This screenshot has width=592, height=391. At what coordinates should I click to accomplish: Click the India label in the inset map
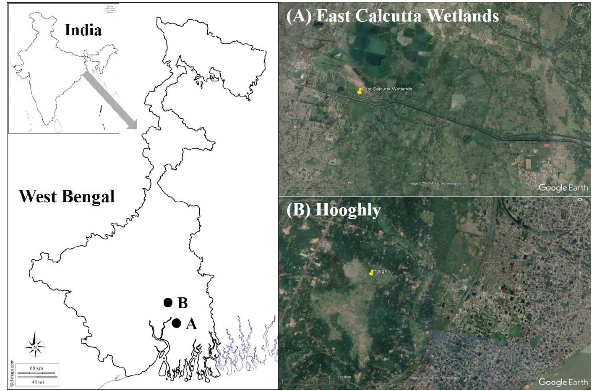(83, 30)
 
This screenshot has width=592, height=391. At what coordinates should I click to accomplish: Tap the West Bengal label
(67, 196)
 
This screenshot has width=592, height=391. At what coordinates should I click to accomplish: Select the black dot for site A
(176, 323)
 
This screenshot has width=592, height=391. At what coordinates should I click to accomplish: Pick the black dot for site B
(168, 302)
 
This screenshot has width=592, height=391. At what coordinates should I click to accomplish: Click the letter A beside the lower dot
(191, 324)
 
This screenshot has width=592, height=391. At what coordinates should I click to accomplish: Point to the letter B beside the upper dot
(183, 303)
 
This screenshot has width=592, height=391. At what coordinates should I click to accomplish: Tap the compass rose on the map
(35, 346)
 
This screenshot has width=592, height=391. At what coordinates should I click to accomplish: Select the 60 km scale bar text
(36, 368)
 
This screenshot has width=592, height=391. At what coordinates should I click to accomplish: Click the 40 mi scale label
(38, 382)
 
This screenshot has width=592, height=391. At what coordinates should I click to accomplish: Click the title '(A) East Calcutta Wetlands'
(392, 16)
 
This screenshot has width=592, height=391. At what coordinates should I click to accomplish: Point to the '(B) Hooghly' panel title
(334, 210)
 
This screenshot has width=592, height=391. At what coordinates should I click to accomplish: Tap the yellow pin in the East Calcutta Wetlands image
(360, 91)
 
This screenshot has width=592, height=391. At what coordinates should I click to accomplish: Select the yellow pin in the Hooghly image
(371, 273)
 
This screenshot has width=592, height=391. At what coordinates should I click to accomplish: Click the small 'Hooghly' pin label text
(382, 271)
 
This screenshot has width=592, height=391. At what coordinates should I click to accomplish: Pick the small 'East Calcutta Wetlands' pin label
(387, 89)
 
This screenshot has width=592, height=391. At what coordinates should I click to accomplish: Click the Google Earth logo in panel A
(563, 188)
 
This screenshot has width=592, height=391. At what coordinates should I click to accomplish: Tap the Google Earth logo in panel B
(563, 382)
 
